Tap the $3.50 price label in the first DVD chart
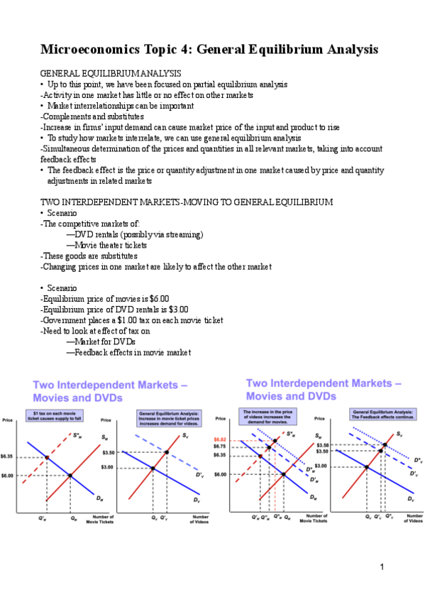pos(108,452)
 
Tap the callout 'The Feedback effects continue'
pos(382,415)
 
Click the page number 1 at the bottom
pos(381,567)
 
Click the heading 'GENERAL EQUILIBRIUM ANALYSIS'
pos(111,73)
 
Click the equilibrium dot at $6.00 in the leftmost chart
pos(70,476)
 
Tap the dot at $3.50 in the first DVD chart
pos(167,452)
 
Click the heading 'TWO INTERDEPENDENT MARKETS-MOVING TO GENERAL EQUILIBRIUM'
pos(187,202)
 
